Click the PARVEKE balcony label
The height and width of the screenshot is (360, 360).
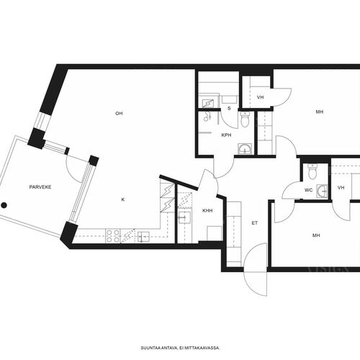[x=40, y=187]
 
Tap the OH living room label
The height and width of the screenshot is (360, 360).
[x=119, y=113]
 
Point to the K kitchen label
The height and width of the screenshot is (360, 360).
[x=123, y=199]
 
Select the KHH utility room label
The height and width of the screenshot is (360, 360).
[x=207, y=211]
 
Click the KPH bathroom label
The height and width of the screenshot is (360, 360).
[x=226, y=135]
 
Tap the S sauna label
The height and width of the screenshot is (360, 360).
[x=229, y=109]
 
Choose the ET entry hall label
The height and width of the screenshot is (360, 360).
[x=255, y=223]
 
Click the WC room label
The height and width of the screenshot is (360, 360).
[x=309, y=190]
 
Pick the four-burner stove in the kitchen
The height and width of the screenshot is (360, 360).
[x=113, y=236]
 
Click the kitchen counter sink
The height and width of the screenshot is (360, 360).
[x=143, y=237]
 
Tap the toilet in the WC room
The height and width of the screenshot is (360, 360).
[x=312, y=171]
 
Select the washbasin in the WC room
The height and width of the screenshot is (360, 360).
[x=322, y=192]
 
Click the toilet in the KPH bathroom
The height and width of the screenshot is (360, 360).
[x=245, y=120]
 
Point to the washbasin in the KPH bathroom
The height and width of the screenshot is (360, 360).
[x=245, y=149]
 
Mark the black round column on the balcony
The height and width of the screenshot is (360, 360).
[x=4, y=205]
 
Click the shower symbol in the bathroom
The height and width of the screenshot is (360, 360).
[x=207, y=116]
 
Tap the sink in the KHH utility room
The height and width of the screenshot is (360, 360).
[x=184, y=217]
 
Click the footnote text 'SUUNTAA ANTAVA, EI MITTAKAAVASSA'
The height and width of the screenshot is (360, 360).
[x=180, y=348]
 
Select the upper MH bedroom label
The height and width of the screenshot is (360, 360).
[x=320, y=112]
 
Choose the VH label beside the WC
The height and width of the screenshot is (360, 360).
[x=341, y=188]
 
